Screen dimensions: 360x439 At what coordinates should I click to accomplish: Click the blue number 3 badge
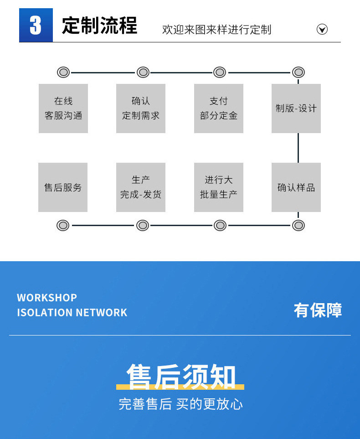click(x=36, y=26)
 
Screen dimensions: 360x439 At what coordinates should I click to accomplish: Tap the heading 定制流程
click(x=99, y=26)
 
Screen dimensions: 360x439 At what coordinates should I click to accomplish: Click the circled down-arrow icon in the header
click(x=322, y=30)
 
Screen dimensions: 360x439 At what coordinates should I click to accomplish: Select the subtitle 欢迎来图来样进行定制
click(x=216, y=30)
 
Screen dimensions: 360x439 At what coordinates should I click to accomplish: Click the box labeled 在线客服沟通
click(x=63, y=108)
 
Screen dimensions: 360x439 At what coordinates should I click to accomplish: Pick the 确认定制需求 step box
click(x=141, y=108)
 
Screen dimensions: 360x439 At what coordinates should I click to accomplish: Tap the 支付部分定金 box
click(x=219, y=108)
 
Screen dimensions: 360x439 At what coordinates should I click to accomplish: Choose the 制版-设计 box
click(x=296, y=108)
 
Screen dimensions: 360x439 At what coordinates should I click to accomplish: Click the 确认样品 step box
click(x=296, y=187)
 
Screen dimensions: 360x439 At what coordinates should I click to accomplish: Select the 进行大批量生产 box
click(x=219, y=187)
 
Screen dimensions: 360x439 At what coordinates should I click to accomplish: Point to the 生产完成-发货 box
click(x=141, y=187)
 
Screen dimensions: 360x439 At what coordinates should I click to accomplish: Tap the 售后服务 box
click(x=63, y=187)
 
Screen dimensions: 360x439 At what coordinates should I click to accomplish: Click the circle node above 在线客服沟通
click(x=63, y=72)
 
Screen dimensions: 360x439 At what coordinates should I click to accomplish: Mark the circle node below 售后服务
click(x=63, y=225)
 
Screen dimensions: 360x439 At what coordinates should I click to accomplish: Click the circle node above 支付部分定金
click(x=220, y=72)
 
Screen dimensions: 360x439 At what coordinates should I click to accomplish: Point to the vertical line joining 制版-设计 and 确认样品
click(x=298, y=148)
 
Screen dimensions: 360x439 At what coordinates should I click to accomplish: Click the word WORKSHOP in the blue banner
click(x=47, y=298)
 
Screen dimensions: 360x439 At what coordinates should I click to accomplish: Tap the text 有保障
click(x=318, y=310)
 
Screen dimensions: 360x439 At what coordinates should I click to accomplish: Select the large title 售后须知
click(x=181, y=377)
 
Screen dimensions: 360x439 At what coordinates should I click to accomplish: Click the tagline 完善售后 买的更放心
click(x=180, y=404)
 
